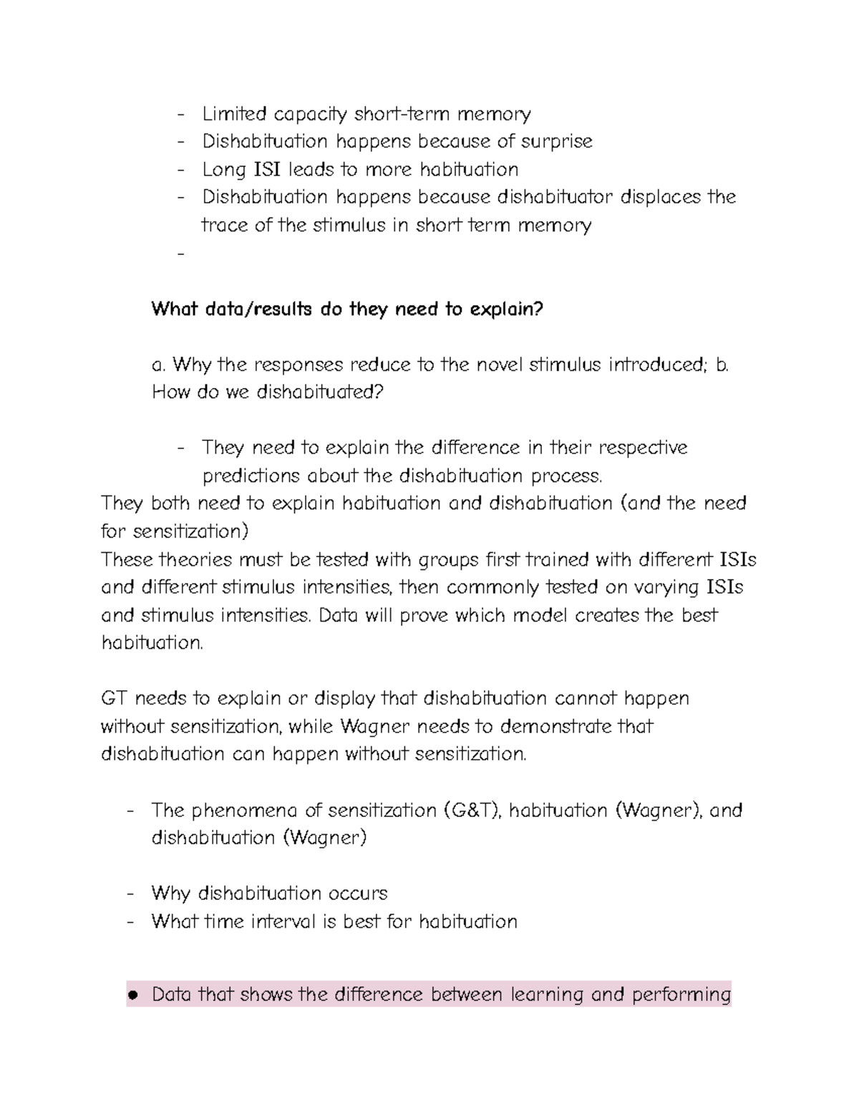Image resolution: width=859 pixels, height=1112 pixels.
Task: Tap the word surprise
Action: (556, 141)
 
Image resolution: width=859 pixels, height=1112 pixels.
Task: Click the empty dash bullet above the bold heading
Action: (179, 253)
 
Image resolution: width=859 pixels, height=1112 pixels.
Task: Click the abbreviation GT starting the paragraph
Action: (115, 698)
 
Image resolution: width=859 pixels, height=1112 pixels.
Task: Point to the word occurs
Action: (358, 894)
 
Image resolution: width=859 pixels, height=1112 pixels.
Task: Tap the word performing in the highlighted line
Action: (681, 995)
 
